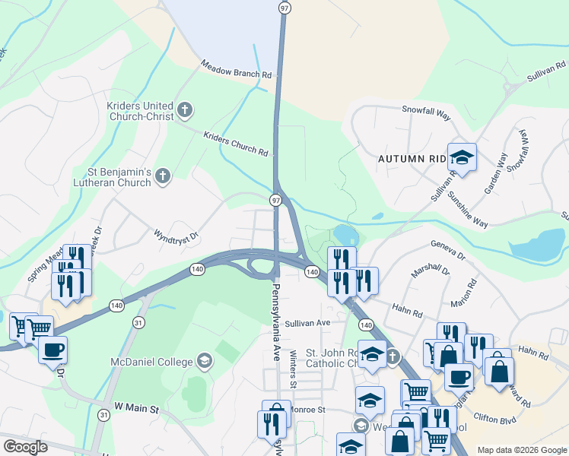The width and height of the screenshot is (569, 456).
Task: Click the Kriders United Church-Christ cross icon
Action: (x=184, y=112)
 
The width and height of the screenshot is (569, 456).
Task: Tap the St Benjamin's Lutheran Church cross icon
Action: (x=162, y=177)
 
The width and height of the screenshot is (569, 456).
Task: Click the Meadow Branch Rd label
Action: (x=236, y=71)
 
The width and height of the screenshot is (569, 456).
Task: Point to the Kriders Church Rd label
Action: (x=236, y=143)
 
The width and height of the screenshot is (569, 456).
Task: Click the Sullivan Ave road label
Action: (x=307, y=323)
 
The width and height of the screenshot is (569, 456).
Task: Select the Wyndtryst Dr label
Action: (x=176, y=236)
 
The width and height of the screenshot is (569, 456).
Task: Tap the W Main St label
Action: (x=136, y=409)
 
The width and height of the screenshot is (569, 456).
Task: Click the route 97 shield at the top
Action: (x=284, y=8)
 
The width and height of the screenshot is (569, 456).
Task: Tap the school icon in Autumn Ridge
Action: (x=462, y=158)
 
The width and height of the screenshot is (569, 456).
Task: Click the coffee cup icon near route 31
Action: (x=52, y=350)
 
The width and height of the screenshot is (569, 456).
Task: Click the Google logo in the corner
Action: (x=25, y=447)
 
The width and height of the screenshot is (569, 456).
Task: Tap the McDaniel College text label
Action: (x=152, y=360)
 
